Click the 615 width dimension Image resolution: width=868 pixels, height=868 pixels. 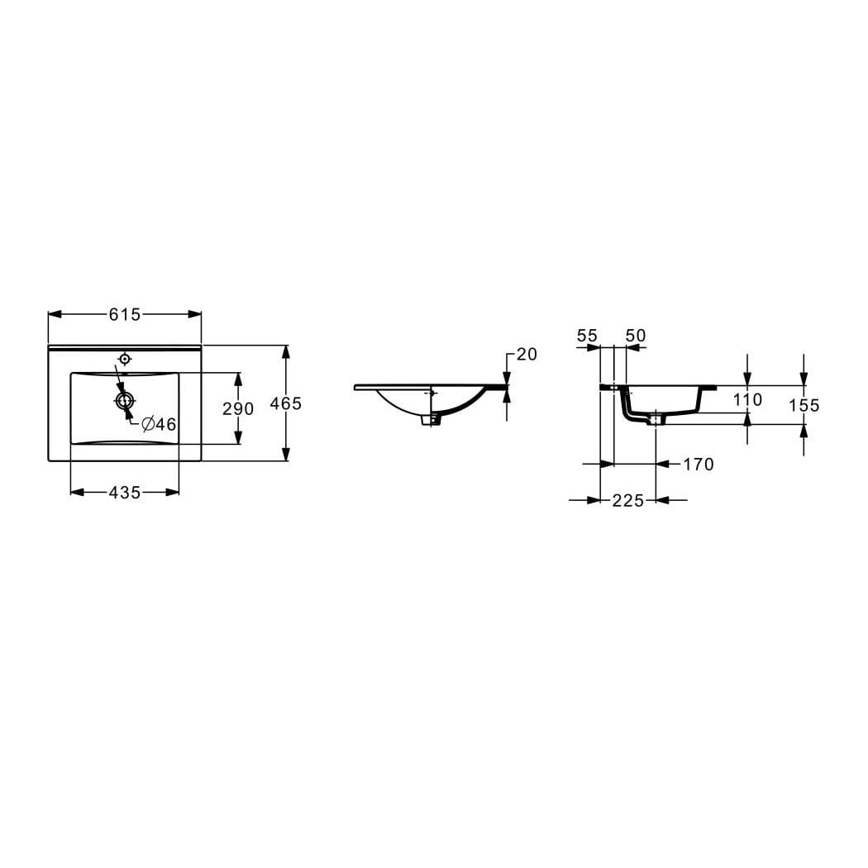pos(125,314)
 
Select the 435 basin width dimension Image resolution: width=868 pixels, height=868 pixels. pos(125,492)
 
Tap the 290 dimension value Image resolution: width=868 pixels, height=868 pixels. pos(238,408)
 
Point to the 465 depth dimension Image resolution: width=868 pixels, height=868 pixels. pos(286,403)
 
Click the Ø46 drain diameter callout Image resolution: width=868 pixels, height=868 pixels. pos(159,425)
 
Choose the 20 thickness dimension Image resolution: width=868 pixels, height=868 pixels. pos(527,355)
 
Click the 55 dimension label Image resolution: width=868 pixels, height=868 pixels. pos(587,336)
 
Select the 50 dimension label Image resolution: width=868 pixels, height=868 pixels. pos(636,336)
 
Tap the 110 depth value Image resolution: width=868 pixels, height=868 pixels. pos(747,399)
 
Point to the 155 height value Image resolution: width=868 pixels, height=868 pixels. pos(804,405)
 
